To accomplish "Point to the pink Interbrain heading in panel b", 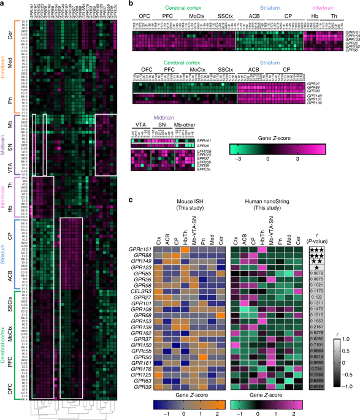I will point(318,7).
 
